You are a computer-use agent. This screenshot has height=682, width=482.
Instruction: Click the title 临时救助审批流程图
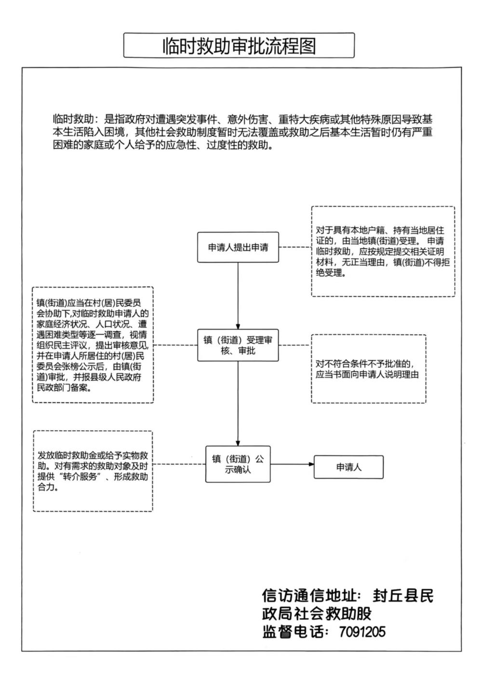click(239, 46)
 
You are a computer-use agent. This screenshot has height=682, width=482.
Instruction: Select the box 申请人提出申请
click(238, 247)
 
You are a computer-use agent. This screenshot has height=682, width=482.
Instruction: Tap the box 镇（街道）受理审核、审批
click(238, 345)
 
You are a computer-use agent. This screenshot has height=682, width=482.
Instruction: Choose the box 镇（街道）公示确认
click(238, 464)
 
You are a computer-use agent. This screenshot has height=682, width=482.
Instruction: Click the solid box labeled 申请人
click(348, 467)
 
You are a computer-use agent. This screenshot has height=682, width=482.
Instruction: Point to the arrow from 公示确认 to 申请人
click(292, 464)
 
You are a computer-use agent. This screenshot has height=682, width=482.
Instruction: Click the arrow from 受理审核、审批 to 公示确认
click(238, 403)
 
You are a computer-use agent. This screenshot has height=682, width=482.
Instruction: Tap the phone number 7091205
click(362, 631)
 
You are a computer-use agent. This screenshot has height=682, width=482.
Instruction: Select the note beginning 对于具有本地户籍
click(383, 251)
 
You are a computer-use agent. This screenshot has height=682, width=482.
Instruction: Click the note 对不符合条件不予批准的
click(368, 369)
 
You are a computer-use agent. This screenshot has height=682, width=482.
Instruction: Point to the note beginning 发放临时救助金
click(93, 471)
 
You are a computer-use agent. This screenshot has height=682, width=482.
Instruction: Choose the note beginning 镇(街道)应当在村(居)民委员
click(93, 345)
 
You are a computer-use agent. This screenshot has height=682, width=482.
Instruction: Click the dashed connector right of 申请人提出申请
click(295, 247)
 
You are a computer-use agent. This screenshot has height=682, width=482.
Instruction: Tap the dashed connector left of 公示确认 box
click(179, 464)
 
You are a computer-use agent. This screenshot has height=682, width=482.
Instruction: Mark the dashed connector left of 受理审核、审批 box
click(175, 345)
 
